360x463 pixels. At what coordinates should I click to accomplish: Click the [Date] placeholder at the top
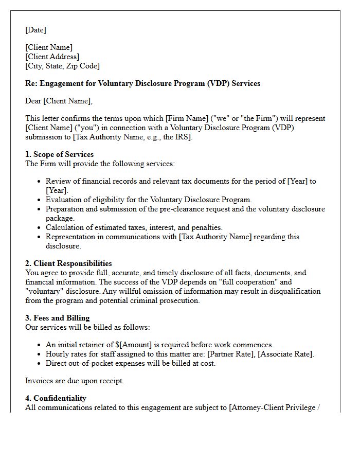35,30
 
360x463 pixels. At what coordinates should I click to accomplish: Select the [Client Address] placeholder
52,57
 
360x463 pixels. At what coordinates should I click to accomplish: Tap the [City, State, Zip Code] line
62,66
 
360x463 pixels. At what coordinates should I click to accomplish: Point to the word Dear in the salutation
33,101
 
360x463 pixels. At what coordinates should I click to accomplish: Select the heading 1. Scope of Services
59,154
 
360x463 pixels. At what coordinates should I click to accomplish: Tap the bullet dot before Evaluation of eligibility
39,200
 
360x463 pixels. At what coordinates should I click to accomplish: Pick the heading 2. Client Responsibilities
68,263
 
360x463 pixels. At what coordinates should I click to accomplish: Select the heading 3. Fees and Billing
57,318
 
